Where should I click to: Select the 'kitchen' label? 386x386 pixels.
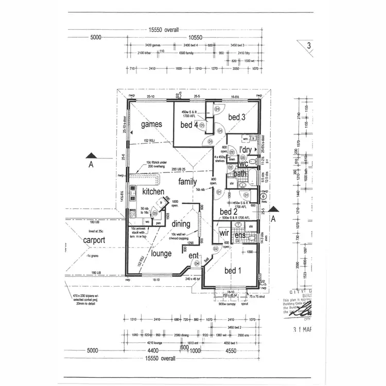[153, 191]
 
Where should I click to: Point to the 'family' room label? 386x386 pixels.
[188, 181]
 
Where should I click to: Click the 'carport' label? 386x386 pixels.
[94, 240]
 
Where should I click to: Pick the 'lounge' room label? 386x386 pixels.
[161, 253]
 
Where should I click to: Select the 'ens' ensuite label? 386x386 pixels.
[240, 236]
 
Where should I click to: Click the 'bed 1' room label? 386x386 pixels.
[233, 271]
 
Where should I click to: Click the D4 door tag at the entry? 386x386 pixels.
[196, 264]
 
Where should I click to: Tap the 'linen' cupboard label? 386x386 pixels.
[232, 160]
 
